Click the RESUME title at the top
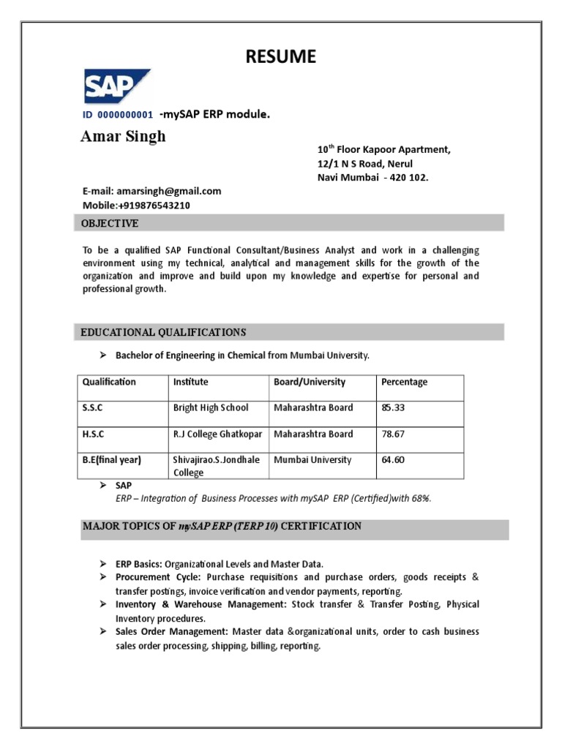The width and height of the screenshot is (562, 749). [x=281, y=56]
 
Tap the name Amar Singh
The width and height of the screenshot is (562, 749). [x=123, y=137]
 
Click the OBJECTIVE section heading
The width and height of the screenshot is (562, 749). [x=110, y=223]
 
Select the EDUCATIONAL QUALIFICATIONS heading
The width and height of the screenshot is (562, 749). [x=163, y=333]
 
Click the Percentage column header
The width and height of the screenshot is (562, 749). [x=404, y=382]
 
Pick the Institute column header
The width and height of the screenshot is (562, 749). [x=190, y=382]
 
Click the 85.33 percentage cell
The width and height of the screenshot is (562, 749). [x=393, y=407]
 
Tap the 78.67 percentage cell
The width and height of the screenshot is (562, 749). [x=393, y=434]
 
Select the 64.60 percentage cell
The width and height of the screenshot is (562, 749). [x=393, y=460]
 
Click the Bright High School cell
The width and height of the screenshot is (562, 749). [x=211, y=407]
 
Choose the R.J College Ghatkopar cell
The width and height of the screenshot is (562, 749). [x=217, y=434]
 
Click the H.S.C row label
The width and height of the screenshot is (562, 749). [x=94, y=434]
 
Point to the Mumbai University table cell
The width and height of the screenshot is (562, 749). [x=312, y=460]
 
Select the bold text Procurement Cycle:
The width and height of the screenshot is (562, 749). [x=153, y=577]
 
